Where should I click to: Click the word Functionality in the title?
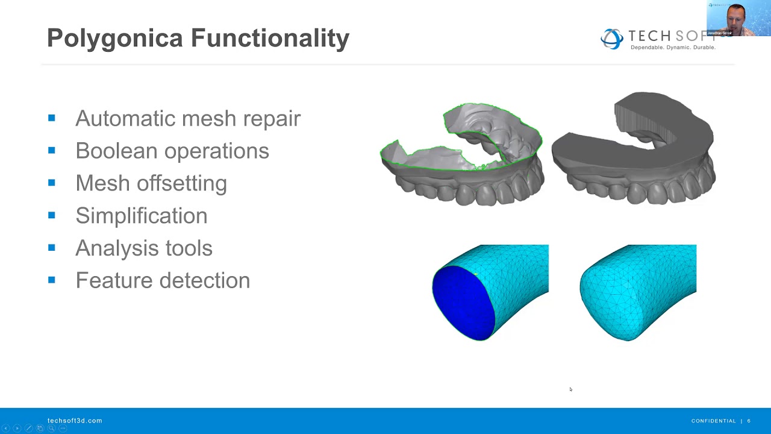pos(270,38)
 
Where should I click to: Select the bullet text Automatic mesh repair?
pos(188,118)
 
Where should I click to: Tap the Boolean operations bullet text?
pos(172,151)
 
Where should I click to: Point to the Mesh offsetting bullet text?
pos(151,183)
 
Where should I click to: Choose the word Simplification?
pos(142,216)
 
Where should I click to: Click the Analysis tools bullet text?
pos(144,248)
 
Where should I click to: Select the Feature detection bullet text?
pos(163,280)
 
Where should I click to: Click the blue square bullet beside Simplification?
pos(52,215)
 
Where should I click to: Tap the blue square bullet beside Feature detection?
pos(52,280)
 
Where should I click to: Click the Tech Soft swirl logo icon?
pos(611,39)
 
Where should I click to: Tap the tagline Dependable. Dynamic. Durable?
pos(672,47)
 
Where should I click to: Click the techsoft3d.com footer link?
pos(75,421)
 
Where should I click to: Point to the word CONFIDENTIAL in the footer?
pos(713,421)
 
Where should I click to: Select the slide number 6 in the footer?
pos(749,421)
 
